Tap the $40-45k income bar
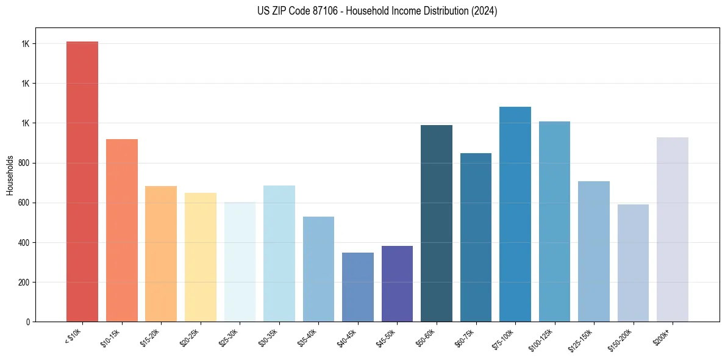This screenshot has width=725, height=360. [358, 287]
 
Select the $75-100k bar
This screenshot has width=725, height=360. [515, 214]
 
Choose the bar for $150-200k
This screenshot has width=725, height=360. [633, 263]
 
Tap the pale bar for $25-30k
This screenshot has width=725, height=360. [240, 262]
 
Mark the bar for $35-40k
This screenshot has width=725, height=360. [318, 269]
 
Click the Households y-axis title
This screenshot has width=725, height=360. [10, 175]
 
